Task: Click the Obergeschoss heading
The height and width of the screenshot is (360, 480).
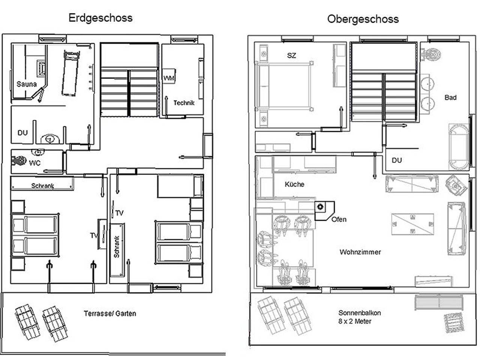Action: tap(363, 19)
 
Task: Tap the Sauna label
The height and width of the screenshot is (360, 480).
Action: tap(27, 84)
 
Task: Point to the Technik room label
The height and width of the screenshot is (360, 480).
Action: tap(184, 103)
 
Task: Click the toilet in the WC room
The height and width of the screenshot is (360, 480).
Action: tap(19, 161)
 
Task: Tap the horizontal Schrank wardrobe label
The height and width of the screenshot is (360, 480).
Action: tap(43, 186)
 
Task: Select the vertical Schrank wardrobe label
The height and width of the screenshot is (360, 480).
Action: tap(117, 247)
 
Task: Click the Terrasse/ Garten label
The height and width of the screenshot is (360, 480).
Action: tap(110, 314)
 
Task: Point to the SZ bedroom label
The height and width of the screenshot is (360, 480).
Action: tap(291, 55)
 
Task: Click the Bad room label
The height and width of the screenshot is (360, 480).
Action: tap(450, 97)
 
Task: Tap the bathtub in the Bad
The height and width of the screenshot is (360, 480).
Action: tap(459, 147)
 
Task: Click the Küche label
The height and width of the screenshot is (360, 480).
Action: tap(294, 184)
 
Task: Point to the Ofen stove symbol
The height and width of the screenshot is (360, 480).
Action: tap(324, 211)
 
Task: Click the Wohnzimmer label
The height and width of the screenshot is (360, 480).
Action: tap(360, 252)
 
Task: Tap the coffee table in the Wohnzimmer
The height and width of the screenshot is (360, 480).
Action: tap(412, 224)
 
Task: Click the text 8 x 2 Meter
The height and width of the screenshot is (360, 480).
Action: tap(355, 321)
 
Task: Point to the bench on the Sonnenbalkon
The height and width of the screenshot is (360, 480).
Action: tap(439, 302)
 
